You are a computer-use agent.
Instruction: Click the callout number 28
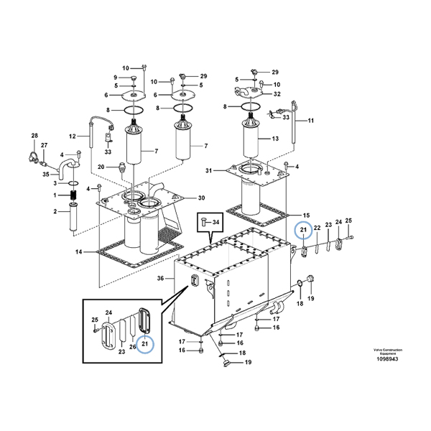[34, 136]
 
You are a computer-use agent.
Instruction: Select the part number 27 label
[44, 146]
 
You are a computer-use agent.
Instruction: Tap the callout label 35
[45, 174]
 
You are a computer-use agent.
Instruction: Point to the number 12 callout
[72, 136]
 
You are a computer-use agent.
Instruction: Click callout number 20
[101, 167]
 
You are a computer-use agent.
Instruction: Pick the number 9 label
[114, 78]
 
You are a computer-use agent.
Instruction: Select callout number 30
[202, 198]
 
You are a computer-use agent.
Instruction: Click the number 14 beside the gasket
[78, 251]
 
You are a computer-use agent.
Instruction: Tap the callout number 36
[161, 279]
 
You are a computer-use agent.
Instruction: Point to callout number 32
[277, 94]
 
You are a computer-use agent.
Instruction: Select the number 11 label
[311, 121]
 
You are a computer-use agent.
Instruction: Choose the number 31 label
[209, 170]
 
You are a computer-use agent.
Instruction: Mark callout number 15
[305, 215]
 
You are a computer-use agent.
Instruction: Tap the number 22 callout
[317, 228]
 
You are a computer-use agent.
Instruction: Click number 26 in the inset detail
[132, 347]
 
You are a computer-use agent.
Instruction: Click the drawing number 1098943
[389, 359]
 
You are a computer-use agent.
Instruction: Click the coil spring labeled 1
[74, 195]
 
